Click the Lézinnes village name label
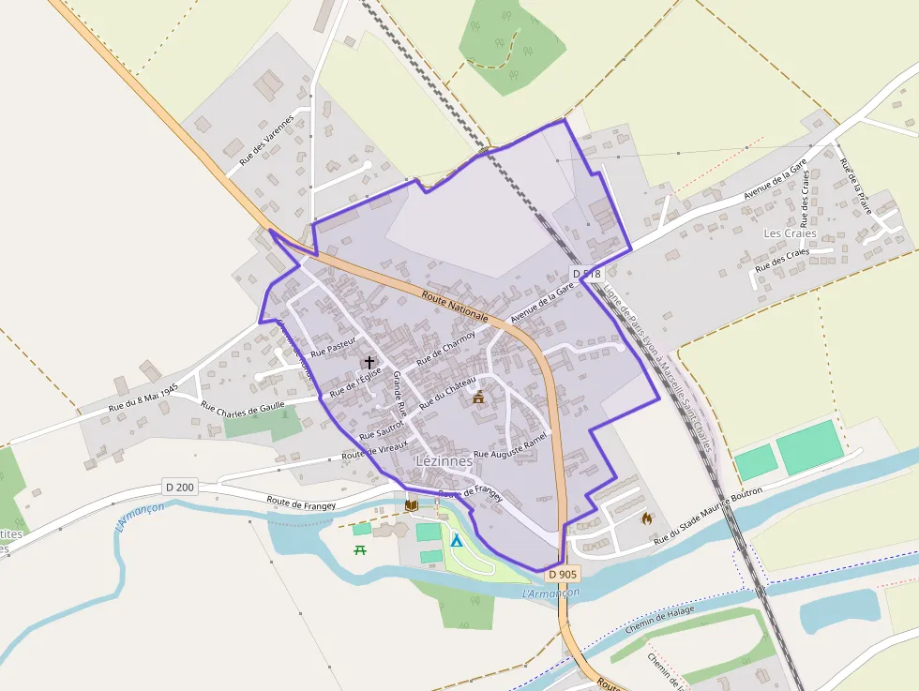point(444,462)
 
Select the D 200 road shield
point(180,487)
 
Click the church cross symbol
point(369,362)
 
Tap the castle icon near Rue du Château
point(479,397)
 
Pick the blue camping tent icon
point(456,541)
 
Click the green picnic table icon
point(359,549)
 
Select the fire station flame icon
point(646,518)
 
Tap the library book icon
point(411,505)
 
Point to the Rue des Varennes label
point(266,140)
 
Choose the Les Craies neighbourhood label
point(790,233)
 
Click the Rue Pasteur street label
point(334,345)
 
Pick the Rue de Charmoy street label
point(446,346)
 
